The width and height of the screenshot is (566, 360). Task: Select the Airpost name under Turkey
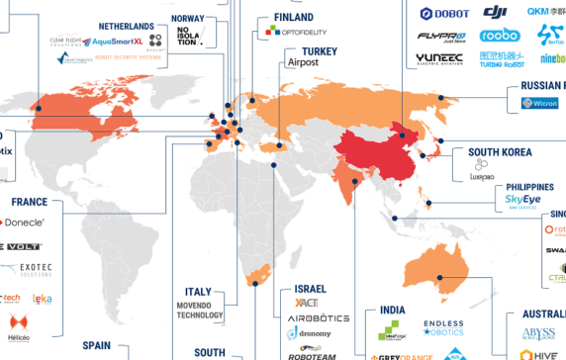tap(304, 62)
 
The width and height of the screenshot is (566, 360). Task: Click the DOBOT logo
tap(444, 14)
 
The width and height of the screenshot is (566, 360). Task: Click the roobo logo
tap(499, 36)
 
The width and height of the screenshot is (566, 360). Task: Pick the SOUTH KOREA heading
tap(501, 153)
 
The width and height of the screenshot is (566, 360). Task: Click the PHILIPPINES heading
tap(529, 186)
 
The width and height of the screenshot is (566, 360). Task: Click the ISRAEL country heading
tap(310, 289)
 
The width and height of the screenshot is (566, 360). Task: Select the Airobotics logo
tap(319, 318)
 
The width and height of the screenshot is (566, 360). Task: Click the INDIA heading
tap(393, 311)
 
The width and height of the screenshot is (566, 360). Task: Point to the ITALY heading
tap(199, 292)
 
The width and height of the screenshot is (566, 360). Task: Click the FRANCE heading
tap(30, 202)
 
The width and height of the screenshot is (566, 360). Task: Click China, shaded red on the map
tap(381, 148)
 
